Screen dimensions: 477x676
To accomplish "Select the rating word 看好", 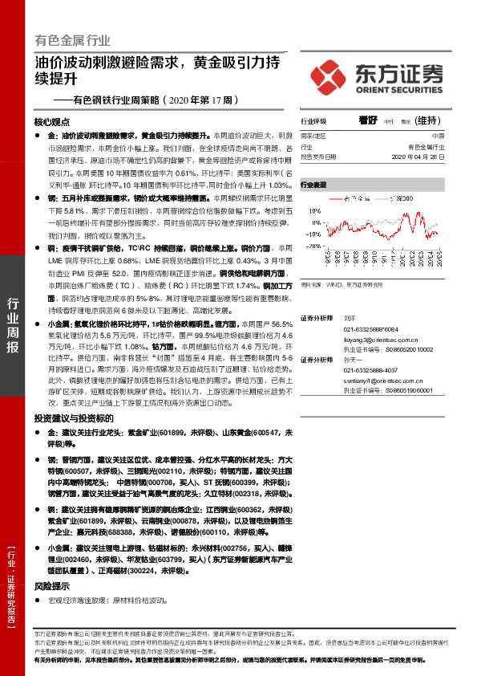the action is click(368, 120).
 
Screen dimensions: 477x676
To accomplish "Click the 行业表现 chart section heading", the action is click(315, 185).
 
